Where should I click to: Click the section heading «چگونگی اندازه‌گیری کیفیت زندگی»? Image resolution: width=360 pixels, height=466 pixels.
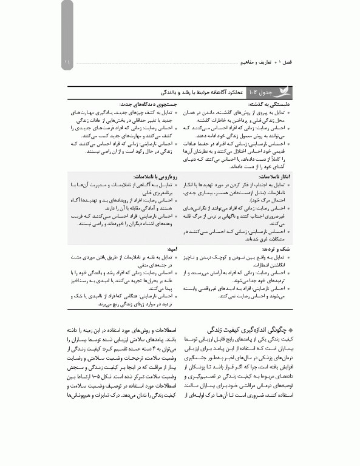pos(249,330)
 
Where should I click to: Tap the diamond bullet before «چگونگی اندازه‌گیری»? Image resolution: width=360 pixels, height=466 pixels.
pos(290,330)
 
